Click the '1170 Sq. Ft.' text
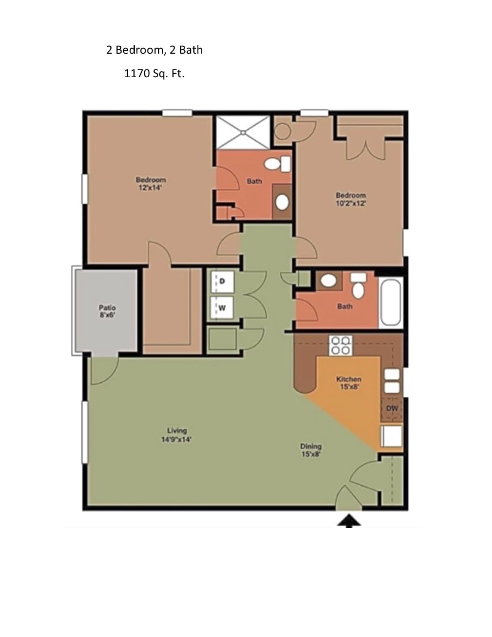pos(154,73)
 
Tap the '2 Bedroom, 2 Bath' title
pos(154,50)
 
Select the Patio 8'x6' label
pos(107,311)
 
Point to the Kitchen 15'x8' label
pos(348,383)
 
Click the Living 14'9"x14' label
pos(176,435)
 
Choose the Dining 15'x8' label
pos(311,450)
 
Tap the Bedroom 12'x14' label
pos(150,183)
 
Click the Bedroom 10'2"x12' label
pos(351,199)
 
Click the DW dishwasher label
pos(392,408)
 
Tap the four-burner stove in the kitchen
pos(341,346)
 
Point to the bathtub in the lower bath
pos(390,302)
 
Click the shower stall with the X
pos(243,132)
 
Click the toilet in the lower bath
pos(358,286)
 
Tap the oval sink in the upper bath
pos(282,202)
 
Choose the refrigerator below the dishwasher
pos(392,436)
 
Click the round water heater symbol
pos(283,131)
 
